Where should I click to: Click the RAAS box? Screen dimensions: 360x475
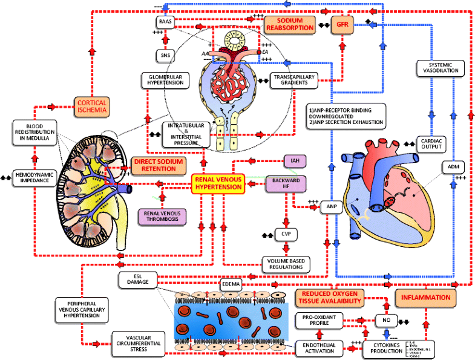[x=165, y=22]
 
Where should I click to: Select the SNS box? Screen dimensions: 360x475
[x=165, y=56]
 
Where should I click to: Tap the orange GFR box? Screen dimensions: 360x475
[x=341, y=25]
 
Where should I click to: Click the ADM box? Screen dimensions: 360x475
[x=452, y=166]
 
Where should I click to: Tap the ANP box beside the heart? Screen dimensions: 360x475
[x=331, y=207]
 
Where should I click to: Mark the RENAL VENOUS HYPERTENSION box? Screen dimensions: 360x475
[x=218, y=183]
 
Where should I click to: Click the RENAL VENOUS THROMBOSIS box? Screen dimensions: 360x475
[x=163, y=216]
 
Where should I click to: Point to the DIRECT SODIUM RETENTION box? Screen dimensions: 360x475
[x=156, y=165]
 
